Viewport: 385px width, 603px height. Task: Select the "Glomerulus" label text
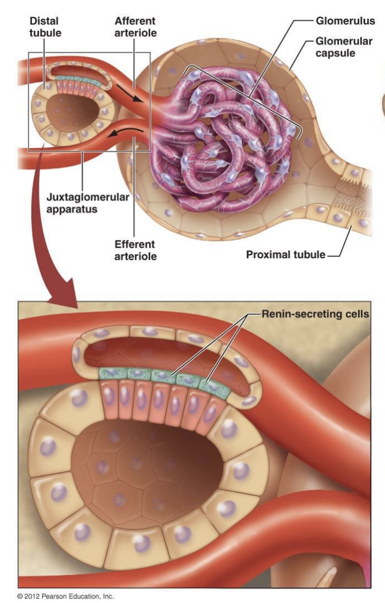[x=345, y=21]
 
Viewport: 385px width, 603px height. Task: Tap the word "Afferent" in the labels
[x=135, y=21]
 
